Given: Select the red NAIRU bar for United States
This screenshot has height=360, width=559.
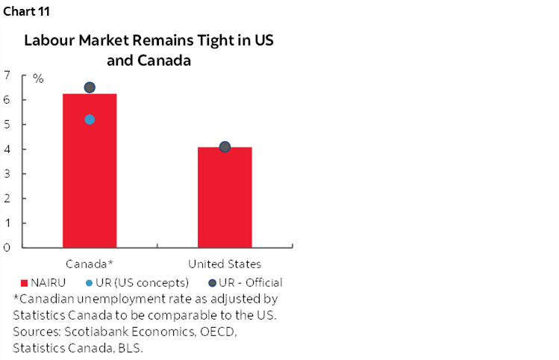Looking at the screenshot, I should tap(225, 202).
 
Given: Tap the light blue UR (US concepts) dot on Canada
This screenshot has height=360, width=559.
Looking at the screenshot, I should tap(90, 120).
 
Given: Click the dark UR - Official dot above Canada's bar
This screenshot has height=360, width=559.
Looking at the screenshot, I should tap(90, 87).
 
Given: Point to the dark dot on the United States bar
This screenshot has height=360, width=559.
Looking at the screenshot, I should tap(225, 146).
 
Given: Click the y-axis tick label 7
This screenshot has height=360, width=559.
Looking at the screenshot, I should tap(7, 75).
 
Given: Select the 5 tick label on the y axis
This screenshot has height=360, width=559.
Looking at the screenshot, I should tap(7, 124).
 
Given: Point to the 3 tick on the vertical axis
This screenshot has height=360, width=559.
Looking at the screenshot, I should tap(7, 173).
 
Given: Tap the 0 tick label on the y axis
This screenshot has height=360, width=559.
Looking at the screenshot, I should tap(7, 247).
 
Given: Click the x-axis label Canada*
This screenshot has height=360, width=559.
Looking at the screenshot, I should tap(90, 264).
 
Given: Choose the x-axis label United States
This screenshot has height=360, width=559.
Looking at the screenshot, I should tap(225, 264).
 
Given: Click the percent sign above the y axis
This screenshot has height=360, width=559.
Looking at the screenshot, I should tap(38, 78).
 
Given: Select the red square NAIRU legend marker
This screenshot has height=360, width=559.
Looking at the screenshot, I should tap(24, 283).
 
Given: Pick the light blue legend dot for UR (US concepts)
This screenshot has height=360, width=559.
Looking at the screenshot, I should tap(90, 283).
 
